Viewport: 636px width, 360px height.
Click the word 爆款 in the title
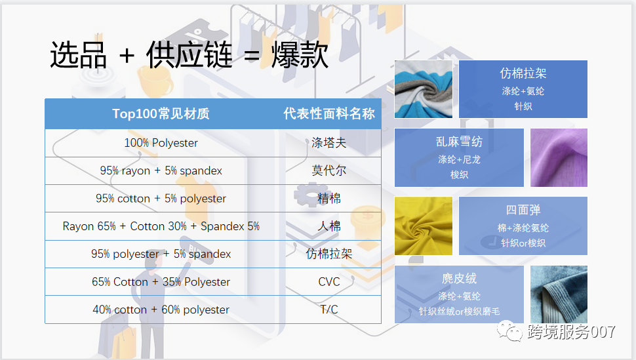[x=300, y=56]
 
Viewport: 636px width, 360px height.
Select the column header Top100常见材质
[x=161, y=114]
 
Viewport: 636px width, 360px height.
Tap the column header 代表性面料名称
[x=329, y=114]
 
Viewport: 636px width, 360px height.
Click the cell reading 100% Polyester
[x=161, y=143]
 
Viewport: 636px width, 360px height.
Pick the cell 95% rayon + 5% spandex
[x=161, y=170]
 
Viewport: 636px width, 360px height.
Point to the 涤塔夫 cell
[x=329, y=143]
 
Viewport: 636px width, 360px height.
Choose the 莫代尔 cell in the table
[x=329, y=170]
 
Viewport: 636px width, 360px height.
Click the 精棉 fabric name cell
[x=329, y=199]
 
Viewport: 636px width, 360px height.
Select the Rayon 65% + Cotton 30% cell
[x=161, y=226]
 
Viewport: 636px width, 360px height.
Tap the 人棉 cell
[x=329, y=226]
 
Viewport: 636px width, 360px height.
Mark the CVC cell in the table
[x=329, y=282]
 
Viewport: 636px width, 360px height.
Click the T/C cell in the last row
[x=329, y=310]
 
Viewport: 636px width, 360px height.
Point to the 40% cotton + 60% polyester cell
[x=161, y=310]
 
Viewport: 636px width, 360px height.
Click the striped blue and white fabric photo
[x=424, y=89]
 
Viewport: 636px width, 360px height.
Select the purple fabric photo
[x=559, y=157]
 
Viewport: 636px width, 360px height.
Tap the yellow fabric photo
[x=424, y=226]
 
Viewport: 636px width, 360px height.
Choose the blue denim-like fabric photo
[x=559, y=294]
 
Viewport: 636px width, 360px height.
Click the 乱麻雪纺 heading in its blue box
[x=459, y=142]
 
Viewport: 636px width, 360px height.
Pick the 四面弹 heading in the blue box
[x=523, y=210]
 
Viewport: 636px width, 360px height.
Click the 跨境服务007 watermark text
[x=571, y=332]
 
